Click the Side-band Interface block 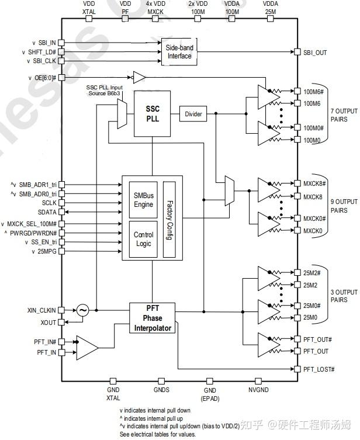tap(179, 52)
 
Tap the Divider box tap(193, 114)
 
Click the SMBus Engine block tap(143, 200)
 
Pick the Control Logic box tap(143, 238)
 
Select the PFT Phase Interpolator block tap(151, 318)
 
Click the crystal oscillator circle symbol tap(82, 311)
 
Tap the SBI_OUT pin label tap(316, 53)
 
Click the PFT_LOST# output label tap(319, 369)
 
